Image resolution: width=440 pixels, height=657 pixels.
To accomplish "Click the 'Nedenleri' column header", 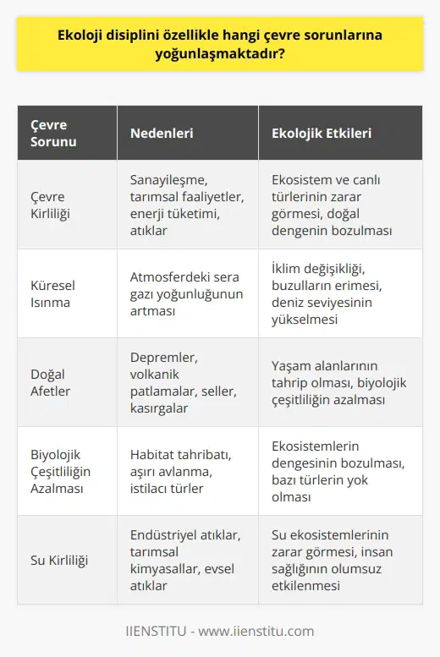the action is (x=160, y=134).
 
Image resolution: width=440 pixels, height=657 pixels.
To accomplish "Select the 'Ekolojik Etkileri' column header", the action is (x=321, y=134).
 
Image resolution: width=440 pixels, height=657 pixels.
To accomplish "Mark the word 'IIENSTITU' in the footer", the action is (x=156, y=631).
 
